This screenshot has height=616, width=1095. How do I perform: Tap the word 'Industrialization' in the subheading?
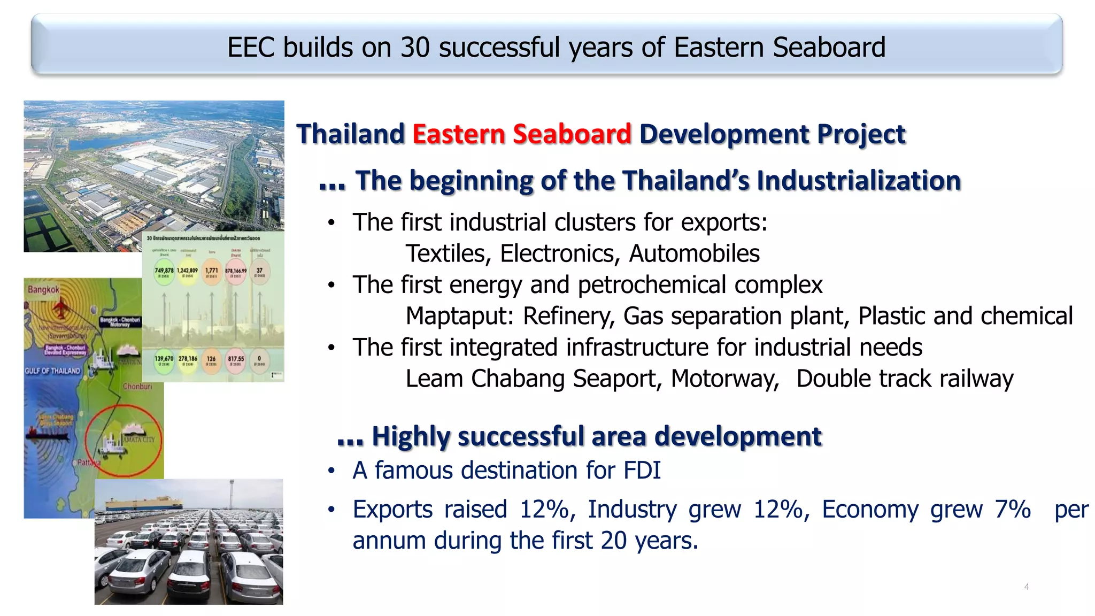click(x=859, y=181)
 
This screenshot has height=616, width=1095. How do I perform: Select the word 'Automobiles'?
click(x=694, y=253)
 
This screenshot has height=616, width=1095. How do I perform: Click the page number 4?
click(x=1026, y=587)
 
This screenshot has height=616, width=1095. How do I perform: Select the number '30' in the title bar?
click(x=415, y=47)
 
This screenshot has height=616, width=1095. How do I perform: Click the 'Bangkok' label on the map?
click(x=43, y=289)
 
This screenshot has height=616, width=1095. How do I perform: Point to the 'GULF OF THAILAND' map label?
click(x=52, y=371)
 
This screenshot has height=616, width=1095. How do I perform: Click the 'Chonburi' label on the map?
click(x=137, y=386)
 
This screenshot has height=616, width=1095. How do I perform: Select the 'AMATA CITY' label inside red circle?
click(x=139, y=439)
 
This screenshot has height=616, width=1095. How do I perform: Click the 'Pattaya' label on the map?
click(x=89, y=463)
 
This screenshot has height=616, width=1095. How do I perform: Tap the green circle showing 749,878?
click(x=164, y=272)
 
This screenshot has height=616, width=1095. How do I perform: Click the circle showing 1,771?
click(x=212, y=272)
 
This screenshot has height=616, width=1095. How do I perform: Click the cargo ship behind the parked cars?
click(x=143, y=503)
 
